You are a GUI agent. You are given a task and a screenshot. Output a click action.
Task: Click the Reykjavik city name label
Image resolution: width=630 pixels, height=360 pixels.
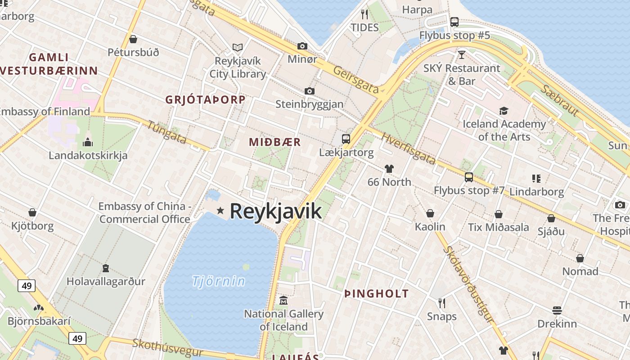click(x=276, y=211)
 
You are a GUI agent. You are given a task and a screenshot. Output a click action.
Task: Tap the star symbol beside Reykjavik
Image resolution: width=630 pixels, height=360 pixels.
click(x=220, y=210)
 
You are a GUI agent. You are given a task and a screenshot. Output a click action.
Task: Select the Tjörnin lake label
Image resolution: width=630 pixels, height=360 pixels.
click(x=219, y=281)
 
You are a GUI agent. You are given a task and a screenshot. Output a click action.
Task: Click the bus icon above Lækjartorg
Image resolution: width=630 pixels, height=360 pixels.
click(x=346, y=139)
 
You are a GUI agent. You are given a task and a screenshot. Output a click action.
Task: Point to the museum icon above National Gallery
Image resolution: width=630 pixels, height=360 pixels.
click(x=283, y=300)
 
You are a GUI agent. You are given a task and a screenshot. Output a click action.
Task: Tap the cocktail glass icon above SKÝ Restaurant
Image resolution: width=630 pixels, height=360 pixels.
click(x=462, y=55)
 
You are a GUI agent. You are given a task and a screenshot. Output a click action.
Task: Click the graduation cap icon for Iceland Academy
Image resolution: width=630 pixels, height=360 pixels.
click(x=504, y=111)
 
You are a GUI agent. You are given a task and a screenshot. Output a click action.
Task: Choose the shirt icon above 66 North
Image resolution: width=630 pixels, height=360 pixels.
click(x=389, y=169)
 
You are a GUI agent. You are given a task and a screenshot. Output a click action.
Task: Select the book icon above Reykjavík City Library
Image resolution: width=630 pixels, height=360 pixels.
click(x=238, y=47)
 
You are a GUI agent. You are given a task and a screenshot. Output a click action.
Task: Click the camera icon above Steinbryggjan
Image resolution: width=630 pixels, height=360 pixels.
click(x=309, y=91)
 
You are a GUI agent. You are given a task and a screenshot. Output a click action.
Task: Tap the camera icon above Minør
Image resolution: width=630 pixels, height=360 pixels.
click(x=302, y=46)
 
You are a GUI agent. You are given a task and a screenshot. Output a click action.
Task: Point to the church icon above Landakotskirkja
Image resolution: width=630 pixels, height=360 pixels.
click(x=88, y=143)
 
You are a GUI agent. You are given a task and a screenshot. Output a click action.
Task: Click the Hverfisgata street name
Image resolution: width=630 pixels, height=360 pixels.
click(x=408, y=148)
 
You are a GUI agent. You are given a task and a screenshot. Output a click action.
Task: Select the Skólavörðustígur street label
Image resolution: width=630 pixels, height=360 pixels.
click(x=468, y=284)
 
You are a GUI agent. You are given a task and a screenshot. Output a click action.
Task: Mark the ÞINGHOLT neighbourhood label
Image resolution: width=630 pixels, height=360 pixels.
click(x=376, y=294)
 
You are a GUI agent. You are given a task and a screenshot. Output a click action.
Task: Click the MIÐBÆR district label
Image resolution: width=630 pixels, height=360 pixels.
click(x=275, y=142)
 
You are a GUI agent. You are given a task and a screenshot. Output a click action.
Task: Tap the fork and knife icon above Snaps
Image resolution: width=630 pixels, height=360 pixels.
click(x=442, y=303)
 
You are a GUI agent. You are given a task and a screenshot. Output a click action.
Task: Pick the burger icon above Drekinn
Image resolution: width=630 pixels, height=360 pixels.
click(x=557, y=310)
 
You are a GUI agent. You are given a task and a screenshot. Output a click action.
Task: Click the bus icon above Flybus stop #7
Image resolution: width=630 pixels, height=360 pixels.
click(x=469, y=177)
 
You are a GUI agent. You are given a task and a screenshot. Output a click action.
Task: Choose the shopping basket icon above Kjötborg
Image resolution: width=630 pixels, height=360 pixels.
click(x=32, y=212)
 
